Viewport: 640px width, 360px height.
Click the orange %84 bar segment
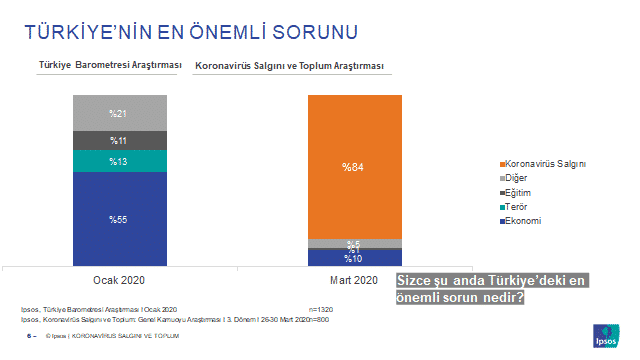click(354, 166)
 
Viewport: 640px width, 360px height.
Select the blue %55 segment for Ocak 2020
click(119, 217)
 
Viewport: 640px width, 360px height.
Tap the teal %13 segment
click(119, 161)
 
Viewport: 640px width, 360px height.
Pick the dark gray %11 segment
click(119, 140)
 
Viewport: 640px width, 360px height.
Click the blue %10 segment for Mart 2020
click(354, 258)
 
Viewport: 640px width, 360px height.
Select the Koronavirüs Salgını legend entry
click(545, 163)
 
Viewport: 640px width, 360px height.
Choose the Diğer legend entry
click(521, 178)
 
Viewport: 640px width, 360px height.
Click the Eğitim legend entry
click(523, 192)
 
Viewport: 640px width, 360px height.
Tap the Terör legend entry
click(521, 206)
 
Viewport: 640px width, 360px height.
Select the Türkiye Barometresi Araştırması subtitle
click(110, 66)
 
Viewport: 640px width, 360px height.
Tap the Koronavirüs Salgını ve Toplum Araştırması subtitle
click(290, 66)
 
